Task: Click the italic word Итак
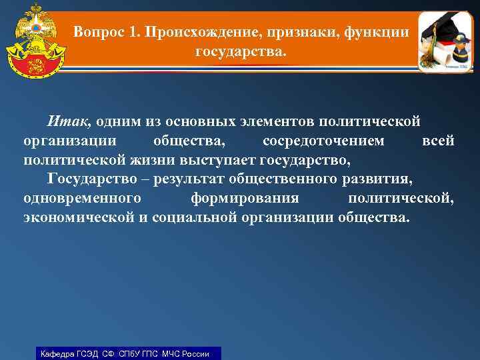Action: (x=69, y=122)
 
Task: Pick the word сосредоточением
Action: (x=323, y=141)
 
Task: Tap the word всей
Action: (x=439, y=141)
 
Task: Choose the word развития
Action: (x=374, y=179)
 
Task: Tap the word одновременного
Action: (x=82, y=199)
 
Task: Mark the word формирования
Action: (x=244, y=199)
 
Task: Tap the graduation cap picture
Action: (x=445, y=41)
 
